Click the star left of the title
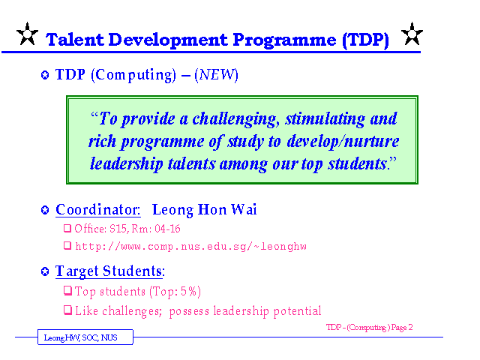click(x=27, y=34)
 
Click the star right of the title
click(x=412, y=34)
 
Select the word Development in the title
click(x=168, y=40)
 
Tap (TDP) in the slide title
click(x=365, y=40)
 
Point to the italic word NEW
click(x=216, y=75)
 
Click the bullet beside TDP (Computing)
click(x=45, y=75)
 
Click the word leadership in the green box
click(x=126, y=164)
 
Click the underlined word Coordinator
click(x=98, y=210)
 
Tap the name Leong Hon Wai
click(x=204, y=210)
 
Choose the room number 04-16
click(x=167, y=229)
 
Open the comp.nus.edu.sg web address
click(x=190, y=247)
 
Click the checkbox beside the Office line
click(x=67, y=228)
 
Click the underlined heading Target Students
click(x=110, y=271)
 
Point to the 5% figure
click(x=188, y=292)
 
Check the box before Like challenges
click(x=67, y=310)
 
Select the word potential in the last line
click(x=297, y=311)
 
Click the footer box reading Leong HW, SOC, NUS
click(x=85, y=337)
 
